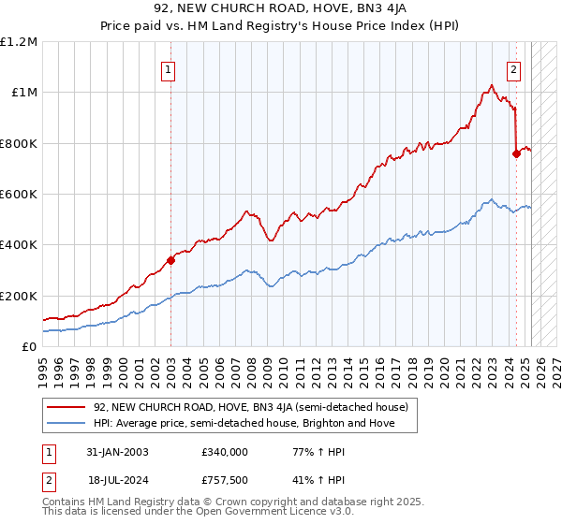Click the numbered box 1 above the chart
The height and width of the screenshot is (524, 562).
168,68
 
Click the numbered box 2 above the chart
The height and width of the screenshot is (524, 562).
514,68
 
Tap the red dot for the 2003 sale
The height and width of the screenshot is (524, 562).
170,260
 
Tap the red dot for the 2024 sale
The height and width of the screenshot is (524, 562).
516,154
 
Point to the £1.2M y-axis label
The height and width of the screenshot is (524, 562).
19,42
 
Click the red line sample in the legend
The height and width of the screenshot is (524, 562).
67,407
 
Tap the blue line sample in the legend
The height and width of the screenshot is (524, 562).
67,423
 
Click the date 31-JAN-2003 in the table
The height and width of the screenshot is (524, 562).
117,451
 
